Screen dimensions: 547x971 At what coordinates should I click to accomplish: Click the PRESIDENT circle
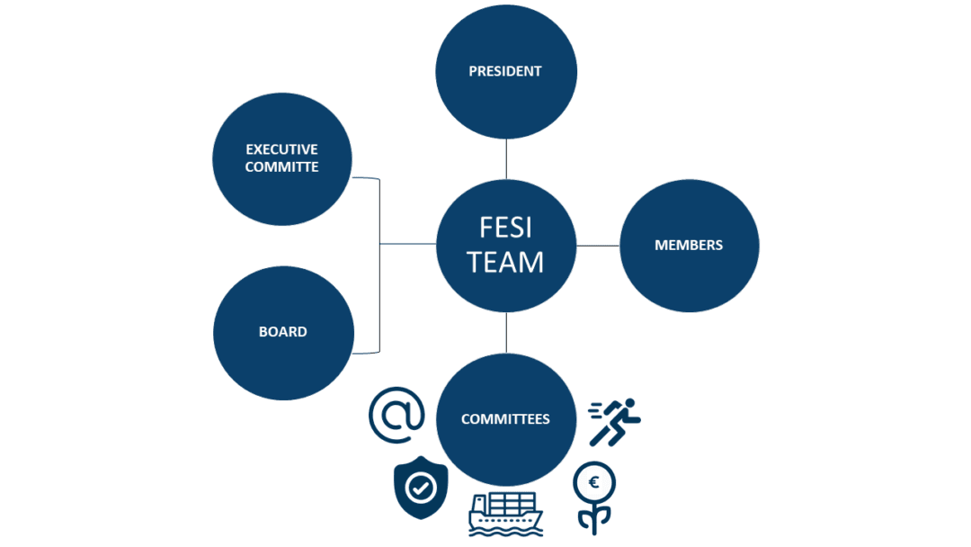505,70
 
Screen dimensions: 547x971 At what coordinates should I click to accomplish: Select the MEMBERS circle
689,245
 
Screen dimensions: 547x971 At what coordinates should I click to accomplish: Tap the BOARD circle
283,331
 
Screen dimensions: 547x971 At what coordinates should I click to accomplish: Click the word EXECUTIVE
282,149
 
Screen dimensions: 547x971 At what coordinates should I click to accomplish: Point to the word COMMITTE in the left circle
282,166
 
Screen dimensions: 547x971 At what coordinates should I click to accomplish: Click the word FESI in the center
505,229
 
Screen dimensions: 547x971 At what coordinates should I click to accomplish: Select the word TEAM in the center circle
505,262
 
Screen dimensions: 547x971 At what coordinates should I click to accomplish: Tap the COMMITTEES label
505,419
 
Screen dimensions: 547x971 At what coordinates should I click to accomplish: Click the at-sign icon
396,415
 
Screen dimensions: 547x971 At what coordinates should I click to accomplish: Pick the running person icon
617,421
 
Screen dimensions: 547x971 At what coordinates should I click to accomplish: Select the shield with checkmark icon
421,489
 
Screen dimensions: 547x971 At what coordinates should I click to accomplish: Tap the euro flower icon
594,498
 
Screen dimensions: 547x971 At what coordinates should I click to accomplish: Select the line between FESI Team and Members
597,245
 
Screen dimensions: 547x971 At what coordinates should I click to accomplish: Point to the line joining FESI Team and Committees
506,332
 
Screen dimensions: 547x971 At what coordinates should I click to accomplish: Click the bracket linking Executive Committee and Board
379,265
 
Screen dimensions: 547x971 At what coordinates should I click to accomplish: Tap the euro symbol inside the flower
594,483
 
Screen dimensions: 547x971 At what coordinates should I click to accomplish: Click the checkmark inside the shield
421,488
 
